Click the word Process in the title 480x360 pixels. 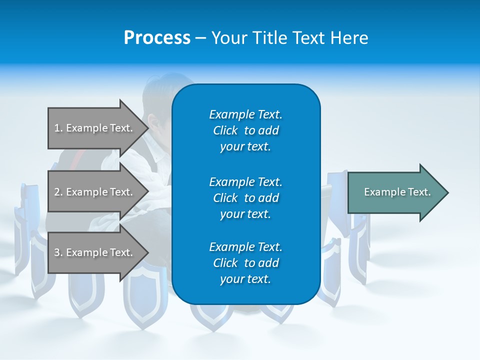coord(157,37)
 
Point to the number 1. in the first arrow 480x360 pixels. coord(58,128)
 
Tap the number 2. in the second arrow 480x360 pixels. coord(58,192)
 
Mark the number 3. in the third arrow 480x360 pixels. coord(58,252)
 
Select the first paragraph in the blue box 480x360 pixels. coord(245,130)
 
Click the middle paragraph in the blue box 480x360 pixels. coord(245,197)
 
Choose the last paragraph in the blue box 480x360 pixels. coord(245,263)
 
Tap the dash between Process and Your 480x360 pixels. coord(200,38)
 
